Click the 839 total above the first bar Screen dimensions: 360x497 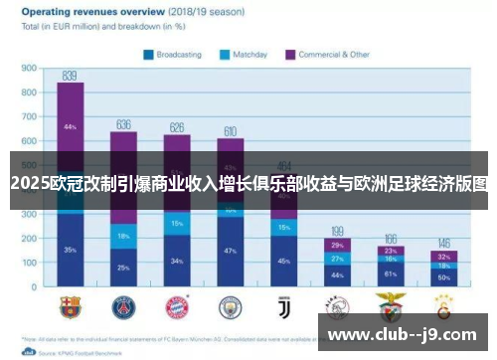pyautogui.click(x=70, y=75)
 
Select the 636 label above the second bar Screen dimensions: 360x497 pyautogui.click(x=123, y=124)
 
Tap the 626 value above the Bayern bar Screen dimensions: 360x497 pyautogui.click(x=177, y=127)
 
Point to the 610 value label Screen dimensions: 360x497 pyautogui.click(x=231, y=130)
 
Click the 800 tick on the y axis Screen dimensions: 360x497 pyautogui.click(x=29, y=92)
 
